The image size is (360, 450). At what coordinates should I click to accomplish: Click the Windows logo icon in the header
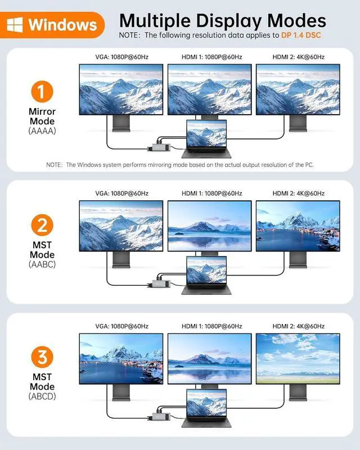click(17, 25)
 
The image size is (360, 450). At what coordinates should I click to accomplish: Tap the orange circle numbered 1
click(42, 92)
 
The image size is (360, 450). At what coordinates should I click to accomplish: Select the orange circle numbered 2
click(42, 226)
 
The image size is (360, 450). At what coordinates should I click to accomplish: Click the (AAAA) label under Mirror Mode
click(42, 130)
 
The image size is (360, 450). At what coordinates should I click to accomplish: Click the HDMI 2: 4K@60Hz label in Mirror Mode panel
click(298, 57)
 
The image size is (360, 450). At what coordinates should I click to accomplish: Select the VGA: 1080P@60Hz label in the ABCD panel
click(122, 326)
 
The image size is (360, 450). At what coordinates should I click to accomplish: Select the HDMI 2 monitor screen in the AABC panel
click(298, 225)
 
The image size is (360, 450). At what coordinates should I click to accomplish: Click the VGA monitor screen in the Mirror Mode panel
click(121, 89)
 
